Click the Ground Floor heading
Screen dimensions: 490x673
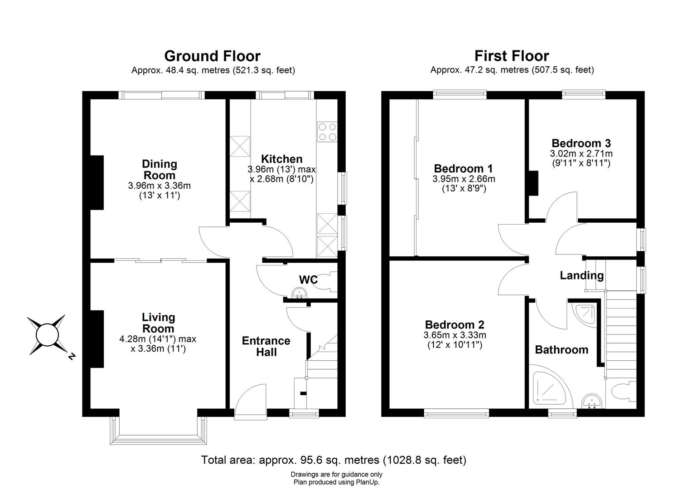[x=212, y=56]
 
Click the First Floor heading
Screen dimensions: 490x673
[x=512, y=56]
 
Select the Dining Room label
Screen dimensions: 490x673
[x=159, y=169]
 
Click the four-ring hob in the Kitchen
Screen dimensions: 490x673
[x=327, y=132]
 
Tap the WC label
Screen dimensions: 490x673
[x=308, y=279]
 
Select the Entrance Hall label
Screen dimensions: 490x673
[x=266, y=346]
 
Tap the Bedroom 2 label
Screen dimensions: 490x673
[x=455, y=324]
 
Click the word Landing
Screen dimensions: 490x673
[x=581, y=275]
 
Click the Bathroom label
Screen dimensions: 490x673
[x=562, y=349]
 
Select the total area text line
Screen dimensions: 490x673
[x=334, y=460]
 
